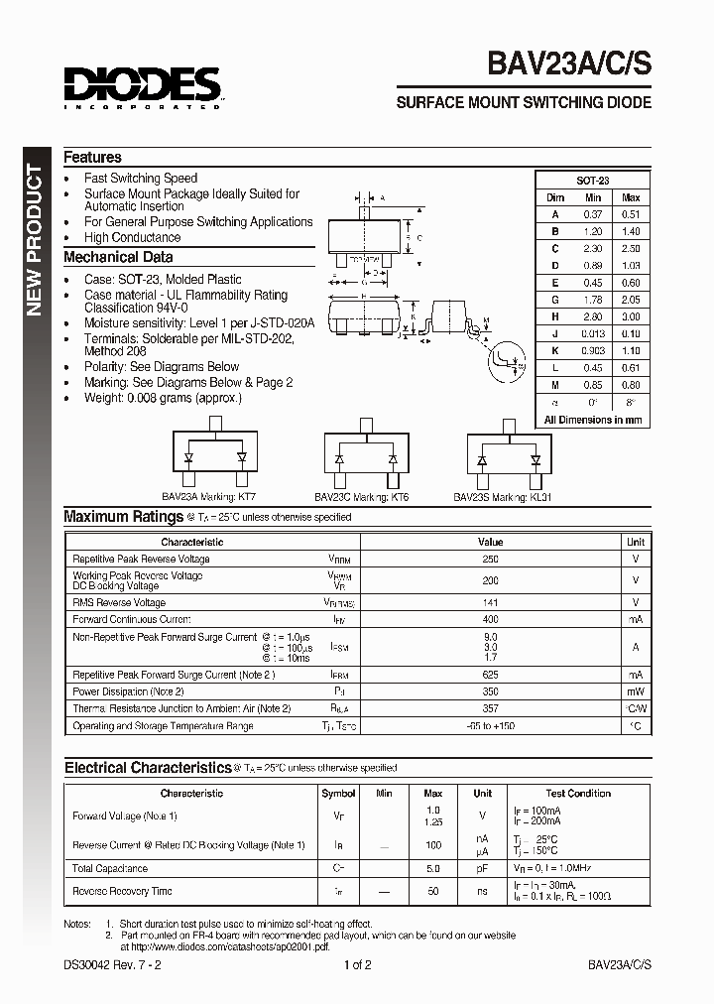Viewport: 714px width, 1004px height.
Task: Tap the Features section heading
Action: [x=92, y=158]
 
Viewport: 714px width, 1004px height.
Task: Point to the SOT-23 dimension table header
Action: [x=593, y=182]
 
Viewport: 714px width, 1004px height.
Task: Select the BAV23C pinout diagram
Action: [x=366, y=459]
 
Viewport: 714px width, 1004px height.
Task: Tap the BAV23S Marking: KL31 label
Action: [x=503, y=497]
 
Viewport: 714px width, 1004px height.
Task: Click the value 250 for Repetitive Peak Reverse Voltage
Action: [x=490, y=560]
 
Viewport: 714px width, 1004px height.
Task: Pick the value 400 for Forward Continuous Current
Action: [x=490, y=619]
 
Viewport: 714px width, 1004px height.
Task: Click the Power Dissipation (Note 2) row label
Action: [x=128, y=691]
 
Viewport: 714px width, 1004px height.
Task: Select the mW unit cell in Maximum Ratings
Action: [x=636, y=691]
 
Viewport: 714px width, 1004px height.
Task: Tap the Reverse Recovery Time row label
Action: [x=122, y=892]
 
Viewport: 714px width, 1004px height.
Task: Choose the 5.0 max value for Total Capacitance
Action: [x=432, y=868]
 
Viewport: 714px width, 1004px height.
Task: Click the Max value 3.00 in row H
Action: [x=631, y=317]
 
